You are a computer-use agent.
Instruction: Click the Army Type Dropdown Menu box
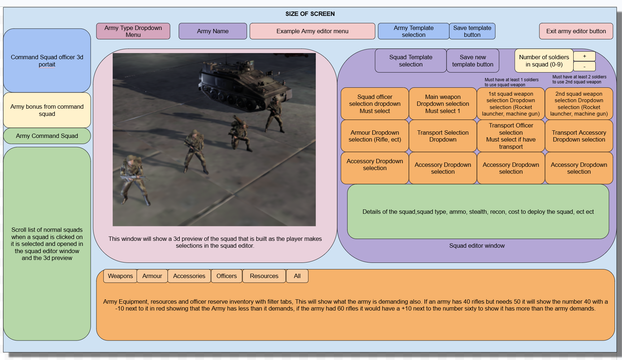coord(133,31)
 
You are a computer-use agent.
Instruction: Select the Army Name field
coord(213,31)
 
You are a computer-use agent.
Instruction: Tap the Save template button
coord(472,31)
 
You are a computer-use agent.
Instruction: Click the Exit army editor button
coord(576,31)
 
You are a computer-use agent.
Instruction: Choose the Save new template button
coord(473,61)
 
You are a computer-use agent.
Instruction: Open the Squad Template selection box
coord(411,61)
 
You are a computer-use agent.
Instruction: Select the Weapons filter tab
coord(120,276)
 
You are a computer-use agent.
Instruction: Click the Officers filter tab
coord(227,276)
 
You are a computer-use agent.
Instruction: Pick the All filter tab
coord(297,276)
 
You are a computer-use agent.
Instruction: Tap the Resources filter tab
coord(264,276)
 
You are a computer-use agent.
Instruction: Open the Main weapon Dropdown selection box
coord(443,104)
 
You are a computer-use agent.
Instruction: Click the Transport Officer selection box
coord(511,136)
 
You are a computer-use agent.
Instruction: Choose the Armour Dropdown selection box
coord(375,136)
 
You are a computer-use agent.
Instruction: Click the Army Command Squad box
coord(47,136)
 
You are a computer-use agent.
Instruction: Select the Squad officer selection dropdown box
coord(375,104)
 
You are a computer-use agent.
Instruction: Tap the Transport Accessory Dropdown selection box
coord(579,136)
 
